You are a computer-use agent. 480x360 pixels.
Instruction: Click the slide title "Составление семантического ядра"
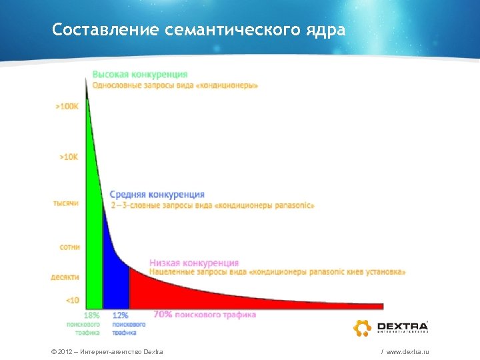coord(199,30)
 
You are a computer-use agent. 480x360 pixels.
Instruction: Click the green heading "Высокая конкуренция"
coord(139,74)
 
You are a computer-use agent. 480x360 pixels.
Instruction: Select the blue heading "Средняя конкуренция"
coord(157,195)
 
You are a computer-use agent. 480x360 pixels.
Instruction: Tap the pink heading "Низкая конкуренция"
coord(194,263)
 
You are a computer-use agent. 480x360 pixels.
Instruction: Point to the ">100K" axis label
coord(67,106)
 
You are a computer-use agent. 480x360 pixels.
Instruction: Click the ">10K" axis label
coord(69,157)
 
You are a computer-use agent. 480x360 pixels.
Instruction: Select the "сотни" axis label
coord(69,247)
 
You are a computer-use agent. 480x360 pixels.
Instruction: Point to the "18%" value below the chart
coord(91,315)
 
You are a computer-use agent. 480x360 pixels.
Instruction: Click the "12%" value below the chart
coord(121,315)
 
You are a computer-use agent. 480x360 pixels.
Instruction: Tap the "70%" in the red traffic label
coord(163,314)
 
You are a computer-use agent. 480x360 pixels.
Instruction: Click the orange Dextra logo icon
coord(362,327)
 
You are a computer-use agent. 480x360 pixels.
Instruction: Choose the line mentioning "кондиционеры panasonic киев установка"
coord(277,272)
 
